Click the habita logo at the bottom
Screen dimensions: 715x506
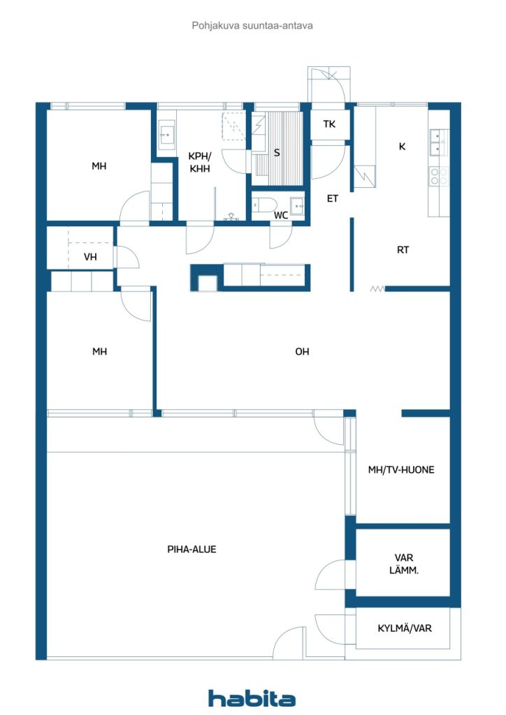tap(252, 698)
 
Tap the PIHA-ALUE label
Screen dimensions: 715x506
tap(191, 550)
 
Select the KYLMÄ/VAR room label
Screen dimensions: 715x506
tap(405, 628)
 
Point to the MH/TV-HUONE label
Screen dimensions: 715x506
tap(401, 470)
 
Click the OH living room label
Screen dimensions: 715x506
tap(302, 352)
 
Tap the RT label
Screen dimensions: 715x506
tap(403, 250)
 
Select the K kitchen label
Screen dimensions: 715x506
tap(402, 147)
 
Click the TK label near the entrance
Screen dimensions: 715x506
tap(329, 124)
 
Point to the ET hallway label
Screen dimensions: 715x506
tap(333, 199)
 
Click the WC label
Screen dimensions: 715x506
tap(281, 216)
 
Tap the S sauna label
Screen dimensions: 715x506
tap(277, 153)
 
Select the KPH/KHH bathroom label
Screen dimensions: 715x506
tap(199, 163)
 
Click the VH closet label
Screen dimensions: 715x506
tap(90, 257)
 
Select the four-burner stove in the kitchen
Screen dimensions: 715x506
tap(438, 176)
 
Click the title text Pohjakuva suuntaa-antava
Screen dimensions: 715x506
tap(252, 25)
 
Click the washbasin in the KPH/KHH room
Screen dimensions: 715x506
tap(166, 135)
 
